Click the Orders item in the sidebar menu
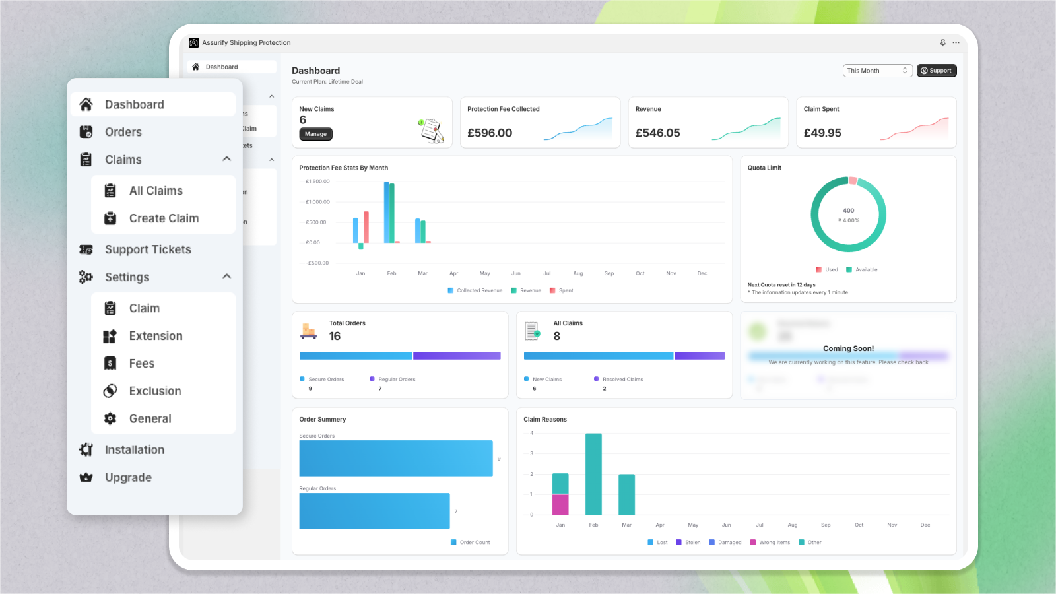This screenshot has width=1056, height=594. [x=123, y=132]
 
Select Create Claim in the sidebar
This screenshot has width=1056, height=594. [x=163, y=218]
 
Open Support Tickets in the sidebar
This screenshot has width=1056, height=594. [x=147, y=249]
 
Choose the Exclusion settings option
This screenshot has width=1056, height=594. [x=154, y=391]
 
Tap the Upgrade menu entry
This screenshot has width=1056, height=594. [x=128, y=478]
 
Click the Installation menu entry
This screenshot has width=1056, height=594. [x=134, y=450]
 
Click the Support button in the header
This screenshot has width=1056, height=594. [x=936, y=71]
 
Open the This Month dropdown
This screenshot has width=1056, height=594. [x=877, y=71]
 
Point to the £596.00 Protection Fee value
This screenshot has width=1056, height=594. [x=490, y=133]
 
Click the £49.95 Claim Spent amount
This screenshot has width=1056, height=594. [x=822, y=133]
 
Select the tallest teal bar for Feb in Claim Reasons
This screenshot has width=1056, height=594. [x=593, y=474]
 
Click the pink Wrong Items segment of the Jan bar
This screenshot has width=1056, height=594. [x=560, y=504]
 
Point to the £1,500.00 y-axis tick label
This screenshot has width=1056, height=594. [x=317, y=181]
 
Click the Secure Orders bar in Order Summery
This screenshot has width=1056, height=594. [x=396, y=458]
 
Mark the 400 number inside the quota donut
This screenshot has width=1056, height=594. [x=848, y=211]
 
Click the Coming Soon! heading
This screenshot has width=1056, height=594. [x=848, y=348]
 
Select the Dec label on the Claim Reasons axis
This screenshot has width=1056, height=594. [x=925, y=525]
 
